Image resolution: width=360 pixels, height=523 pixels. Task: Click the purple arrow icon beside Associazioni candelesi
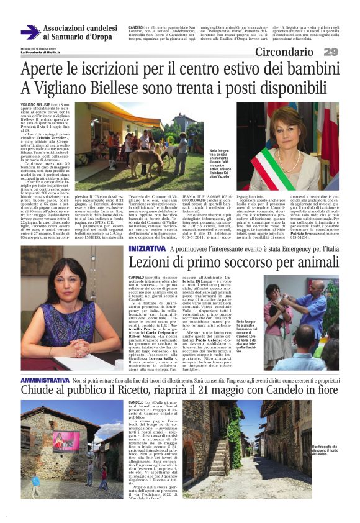tap(30, 32)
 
